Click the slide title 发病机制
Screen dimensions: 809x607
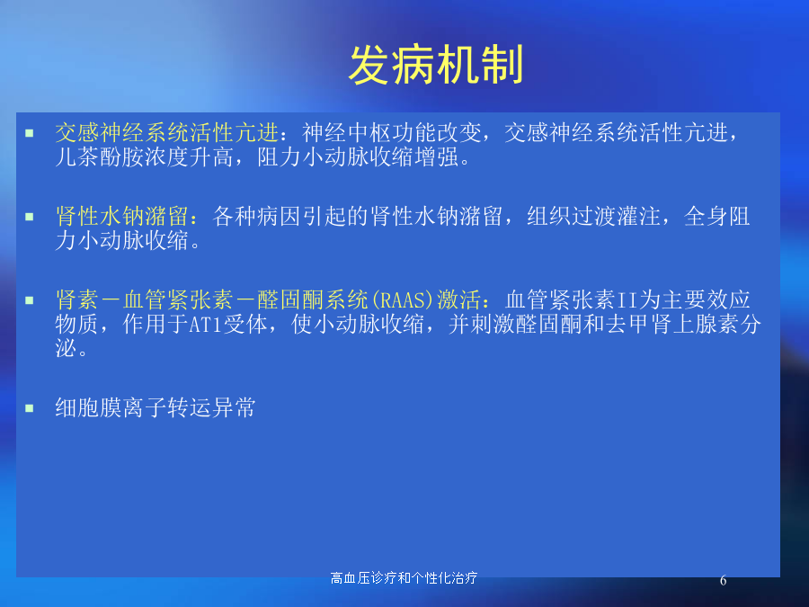[436, 65]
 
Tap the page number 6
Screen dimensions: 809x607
[723, 581]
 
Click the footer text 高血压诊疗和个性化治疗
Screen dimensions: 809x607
[404, 577]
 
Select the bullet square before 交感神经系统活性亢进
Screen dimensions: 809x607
[30, 133]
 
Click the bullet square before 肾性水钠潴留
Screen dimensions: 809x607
[30, 217]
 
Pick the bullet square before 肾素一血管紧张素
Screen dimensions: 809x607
[30, 300]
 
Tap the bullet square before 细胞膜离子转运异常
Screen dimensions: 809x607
[30, 408]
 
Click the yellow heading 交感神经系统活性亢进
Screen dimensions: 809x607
[167, 133]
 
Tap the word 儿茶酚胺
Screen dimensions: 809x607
[100, 156]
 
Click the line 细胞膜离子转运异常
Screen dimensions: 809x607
[156, 407]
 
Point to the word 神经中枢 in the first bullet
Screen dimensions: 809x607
[346, 133]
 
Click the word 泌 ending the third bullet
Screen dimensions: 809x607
[66, 348]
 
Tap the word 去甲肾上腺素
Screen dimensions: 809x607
[671, 324]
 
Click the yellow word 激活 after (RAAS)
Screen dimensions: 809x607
[458, 299]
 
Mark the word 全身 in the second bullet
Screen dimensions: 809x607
[706, 216]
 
